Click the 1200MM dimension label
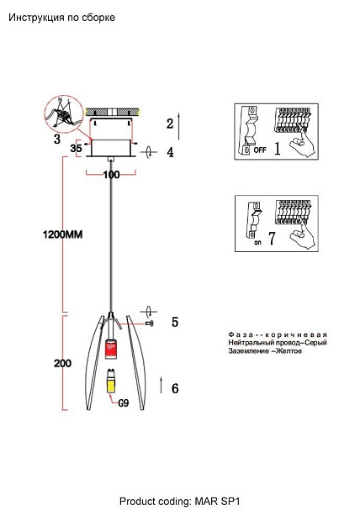62,234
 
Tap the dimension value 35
76,148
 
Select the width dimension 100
111,175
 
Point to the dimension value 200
62,363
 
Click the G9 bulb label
124,403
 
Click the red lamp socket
112,350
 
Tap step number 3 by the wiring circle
57,139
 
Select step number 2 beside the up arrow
170,124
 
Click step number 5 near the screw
175,322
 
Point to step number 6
175,388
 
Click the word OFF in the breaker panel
260,150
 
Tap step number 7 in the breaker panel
272,239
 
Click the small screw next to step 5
150,324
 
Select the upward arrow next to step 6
161,385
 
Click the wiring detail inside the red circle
63,114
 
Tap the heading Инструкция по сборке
62,18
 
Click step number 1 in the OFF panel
278,149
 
